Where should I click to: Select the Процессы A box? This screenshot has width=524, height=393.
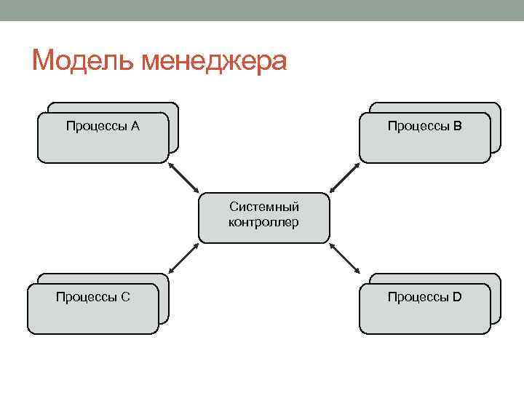[x=103, y=138]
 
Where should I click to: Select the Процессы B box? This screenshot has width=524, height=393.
[x=424, y=138]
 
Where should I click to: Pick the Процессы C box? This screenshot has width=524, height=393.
[x=92, y=309]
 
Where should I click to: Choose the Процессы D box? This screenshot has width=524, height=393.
[x=424, y=309]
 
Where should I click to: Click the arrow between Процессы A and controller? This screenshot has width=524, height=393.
[x=183, y=178]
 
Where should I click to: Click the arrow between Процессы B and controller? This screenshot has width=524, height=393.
[x=344, y=178]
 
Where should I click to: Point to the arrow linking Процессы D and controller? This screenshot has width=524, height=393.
[x=344, y=258]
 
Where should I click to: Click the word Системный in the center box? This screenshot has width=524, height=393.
[x=263, y=208]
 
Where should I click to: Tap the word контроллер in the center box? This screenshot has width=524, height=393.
[x=263, y=223]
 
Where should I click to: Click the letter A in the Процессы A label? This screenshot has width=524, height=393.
[x=135, y=127]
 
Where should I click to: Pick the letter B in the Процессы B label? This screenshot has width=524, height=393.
[x=457, y=127]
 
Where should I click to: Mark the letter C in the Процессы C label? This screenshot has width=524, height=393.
[x=126, y=296]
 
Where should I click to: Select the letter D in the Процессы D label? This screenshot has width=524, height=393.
[x=457, y=296]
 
